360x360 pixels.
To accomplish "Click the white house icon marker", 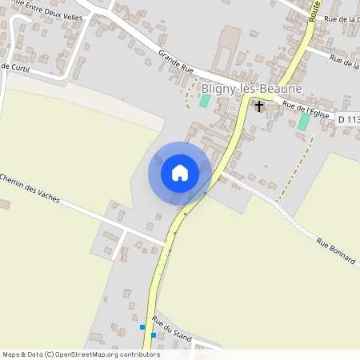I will coord(179,173).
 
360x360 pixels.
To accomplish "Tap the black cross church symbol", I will coord(258,106).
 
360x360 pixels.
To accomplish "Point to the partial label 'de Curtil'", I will coord(15,66).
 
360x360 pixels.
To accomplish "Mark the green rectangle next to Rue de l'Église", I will coord(303,122).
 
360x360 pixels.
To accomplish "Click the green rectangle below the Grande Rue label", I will coord(204,101).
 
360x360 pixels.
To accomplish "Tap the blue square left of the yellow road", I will coord(142,327).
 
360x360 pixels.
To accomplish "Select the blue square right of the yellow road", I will coord(154,335).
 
